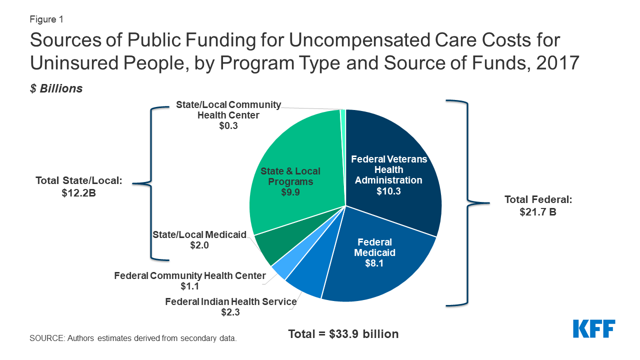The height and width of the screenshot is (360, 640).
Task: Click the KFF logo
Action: (x=594, y=329)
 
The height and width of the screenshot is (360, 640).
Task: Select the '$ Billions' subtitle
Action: (x=56, y=88)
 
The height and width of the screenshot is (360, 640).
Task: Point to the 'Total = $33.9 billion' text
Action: (x=343, y=333)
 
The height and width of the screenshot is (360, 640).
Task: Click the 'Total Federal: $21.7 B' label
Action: (x=537, y=205)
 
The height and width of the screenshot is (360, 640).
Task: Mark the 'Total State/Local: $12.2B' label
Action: (x=79, y=186)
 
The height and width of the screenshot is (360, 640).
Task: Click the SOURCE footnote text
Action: (x=133, y=338)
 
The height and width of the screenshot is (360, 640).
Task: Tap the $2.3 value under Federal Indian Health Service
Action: (x=231, y=312)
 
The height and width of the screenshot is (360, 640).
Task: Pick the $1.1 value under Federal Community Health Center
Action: (x=190, y=286)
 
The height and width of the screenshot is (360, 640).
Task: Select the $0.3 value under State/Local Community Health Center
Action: (x=228, y=126)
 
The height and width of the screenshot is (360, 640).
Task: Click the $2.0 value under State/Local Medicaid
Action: (x=199, y=245)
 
